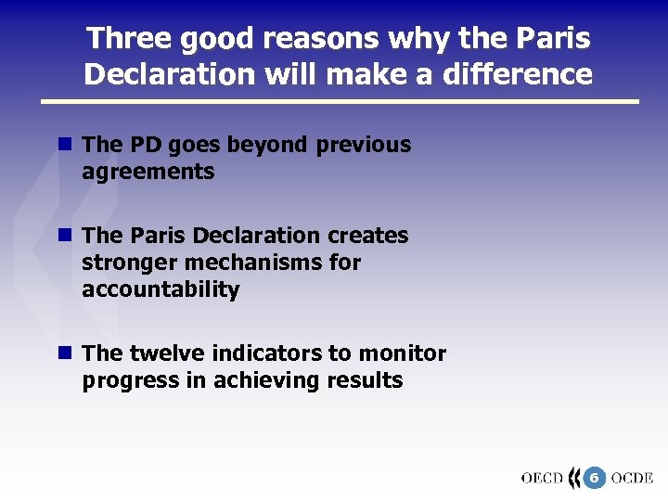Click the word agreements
tap(148, 172)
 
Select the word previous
tap(364, 145)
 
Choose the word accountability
tap(161, 289)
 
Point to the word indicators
tap(267, 353)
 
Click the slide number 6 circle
tap(594, 478)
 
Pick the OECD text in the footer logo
tap(542, 479)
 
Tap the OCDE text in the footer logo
tap(633, 479)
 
